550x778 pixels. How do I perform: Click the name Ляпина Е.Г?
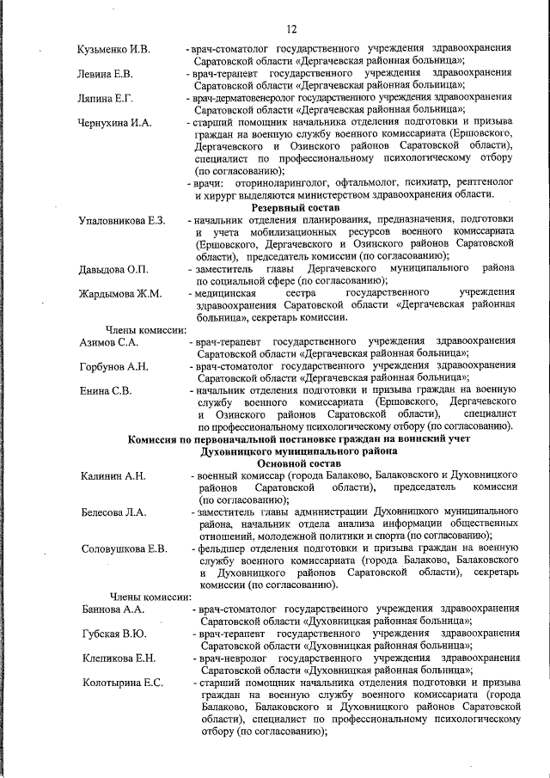104,100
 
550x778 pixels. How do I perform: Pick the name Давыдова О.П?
112,271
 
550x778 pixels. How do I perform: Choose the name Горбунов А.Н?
113,367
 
